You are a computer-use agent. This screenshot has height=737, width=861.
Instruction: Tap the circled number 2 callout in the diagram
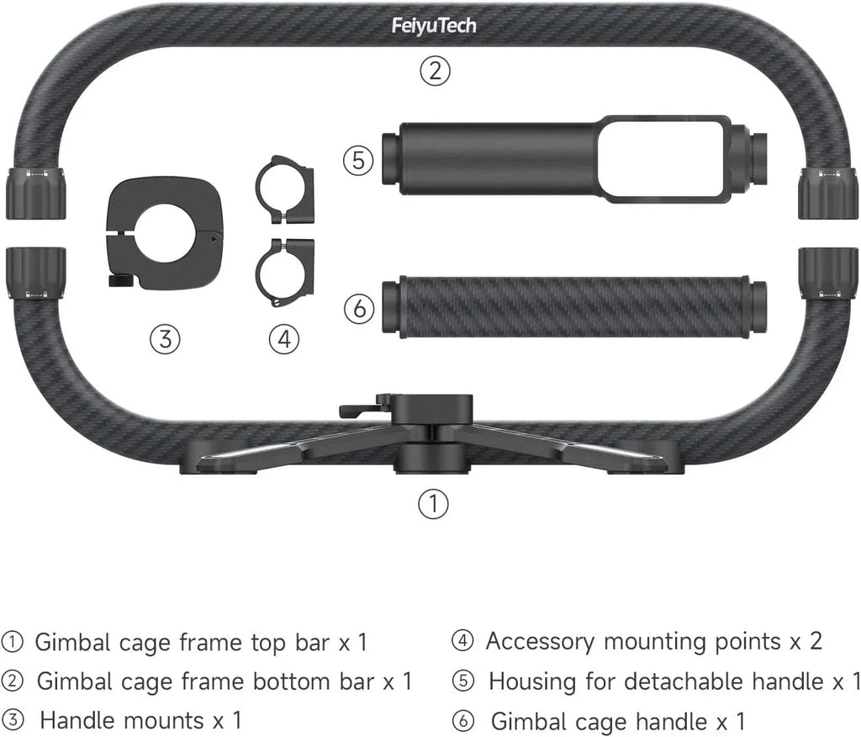pos(435,71)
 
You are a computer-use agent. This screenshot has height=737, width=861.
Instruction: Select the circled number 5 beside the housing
pos(359,160)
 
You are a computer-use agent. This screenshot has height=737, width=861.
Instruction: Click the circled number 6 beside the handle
pos(359,309)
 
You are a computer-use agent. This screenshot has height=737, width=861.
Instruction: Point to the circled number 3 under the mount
pos(165,339)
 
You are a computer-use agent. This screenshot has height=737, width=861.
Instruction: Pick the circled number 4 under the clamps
pos(284,339)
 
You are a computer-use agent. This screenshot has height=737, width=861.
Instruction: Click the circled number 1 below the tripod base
pos(433,504)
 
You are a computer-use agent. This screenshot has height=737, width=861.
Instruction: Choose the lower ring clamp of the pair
pos(284,272)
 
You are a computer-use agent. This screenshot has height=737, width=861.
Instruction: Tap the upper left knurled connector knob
pos(36,193)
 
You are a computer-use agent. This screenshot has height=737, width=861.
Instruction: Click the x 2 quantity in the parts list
pos(806,641)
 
